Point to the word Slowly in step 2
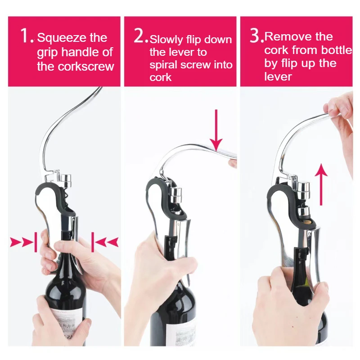166,40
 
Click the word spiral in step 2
164,65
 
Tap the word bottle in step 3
336,50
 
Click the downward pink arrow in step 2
216,130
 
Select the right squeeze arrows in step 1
105,242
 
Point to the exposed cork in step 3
308,221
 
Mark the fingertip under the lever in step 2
232,163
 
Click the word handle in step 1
81,52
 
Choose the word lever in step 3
278,76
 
